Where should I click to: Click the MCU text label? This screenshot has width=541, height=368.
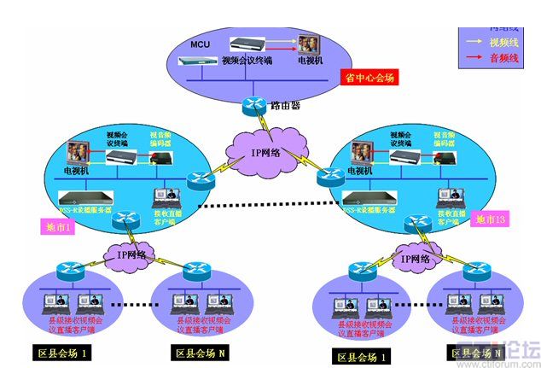click(x=199, y=44)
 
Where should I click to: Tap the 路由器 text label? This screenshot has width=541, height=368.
click(x=286, y=105)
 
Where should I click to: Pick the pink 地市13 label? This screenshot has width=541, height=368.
click(x=491, y=220)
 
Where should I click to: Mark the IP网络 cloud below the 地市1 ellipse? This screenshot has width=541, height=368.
click(x=125, y=254)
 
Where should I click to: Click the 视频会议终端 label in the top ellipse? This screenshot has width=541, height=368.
click(x=247, y=61)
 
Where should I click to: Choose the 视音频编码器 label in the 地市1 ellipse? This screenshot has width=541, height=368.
click(x=165, y=138)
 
